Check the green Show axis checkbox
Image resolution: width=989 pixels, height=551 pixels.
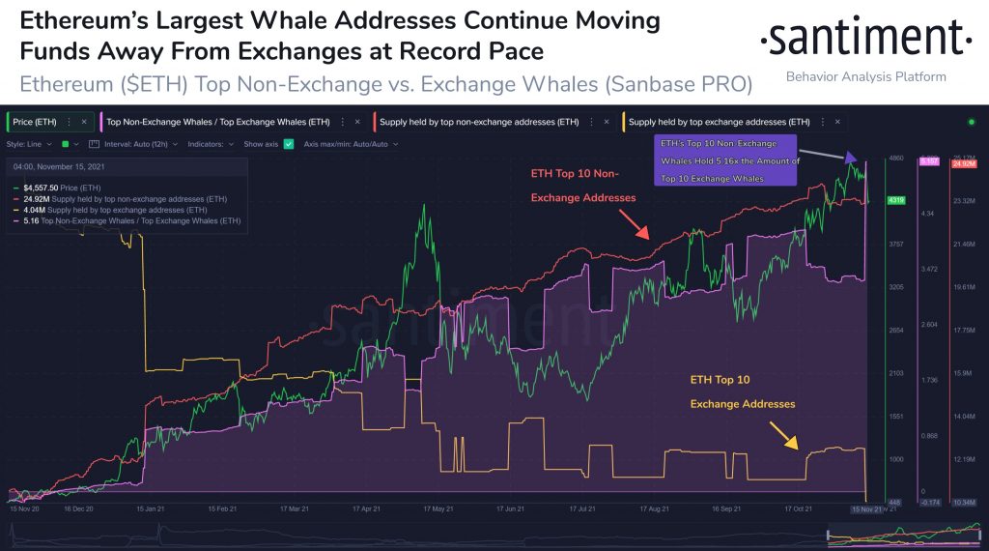point(288,144)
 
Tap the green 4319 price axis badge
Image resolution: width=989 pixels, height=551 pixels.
point(895,200)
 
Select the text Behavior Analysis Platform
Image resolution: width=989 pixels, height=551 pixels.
point(865,76)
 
